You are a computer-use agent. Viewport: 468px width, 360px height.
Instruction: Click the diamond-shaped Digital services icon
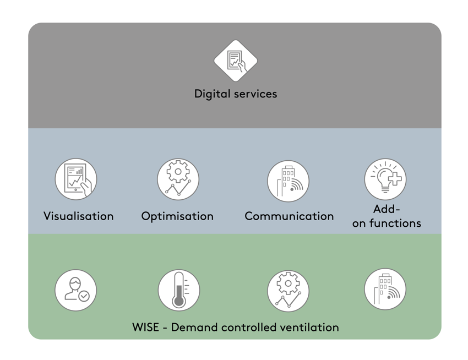click(236, 61)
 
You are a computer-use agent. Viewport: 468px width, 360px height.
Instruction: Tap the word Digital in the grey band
click(211, 94)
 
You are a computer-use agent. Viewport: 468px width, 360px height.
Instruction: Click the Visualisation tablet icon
click(76, 179)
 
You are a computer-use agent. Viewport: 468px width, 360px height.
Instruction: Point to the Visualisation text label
click(79, 216)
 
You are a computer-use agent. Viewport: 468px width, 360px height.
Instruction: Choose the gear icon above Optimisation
click(178, 179)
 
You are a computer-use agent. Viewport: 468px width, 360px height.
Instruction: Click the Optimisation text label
click(177, 216)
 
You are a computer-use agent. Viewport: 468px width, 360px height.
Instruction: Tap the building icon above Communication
click(288, 181)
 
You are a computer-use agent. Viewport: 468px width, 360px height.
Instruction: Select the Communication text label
click(289, 216)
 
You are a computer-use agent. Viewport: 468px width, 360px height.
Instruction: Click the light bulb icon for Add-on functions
click(385, 179)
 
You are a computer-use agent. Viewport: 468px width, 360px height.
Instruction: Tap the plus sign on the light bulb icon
click(394, 179)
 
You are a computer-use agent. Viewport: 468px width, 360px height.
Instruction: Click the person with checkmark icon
click(76, 290)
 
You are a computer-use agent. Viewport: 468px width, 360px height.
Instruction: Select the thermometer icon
click(178, 290)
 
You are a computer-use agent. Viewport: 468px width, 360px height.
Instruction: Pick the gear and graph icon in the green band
click(288, 291)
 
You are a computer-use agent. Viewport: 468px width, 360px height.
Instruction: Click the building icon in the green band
click(385, 289)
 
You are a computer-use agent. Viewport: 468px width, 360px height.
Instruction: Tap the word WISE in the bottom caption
click(146, 328)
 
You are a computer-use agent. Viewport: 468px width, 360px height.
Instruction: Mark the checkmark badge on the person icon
click(84, 296)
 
